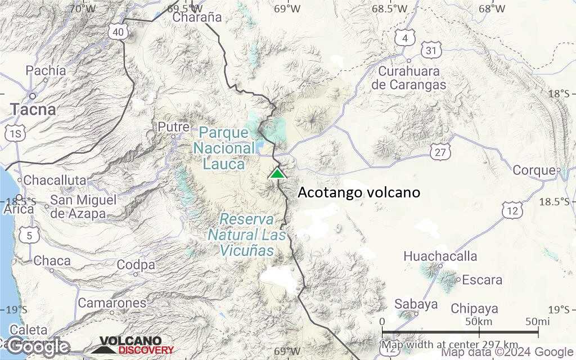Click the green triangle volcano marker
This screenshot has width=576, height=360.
click(x=277, y=173)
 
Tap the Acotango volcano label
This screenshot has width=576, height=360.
click(x=359, y=192)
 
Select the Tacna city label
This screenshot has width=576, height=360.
click(x=33, y=109)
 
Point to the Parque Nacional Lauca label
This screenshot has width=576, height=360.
click(x=224, y=148)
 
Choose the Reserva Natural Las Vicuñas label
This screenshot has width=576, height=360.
click(x=247, y=235)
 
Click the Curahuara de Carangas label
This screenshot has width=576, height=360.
click(x=412, y=78)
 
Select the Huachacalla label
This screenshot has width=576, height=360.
click(x=440, y=256)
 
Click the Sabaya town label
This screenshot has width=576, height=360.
click(x=416, y=304)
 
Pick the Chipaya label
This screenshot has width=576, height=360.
click(x=474, y=309)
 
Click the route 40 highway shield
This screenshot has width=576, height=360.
click(x=118, y=32)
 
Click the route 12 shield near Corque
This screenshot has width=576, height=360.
click(x=512, y=211)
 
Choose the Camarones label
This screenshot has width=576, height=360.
click(x=112, y=303)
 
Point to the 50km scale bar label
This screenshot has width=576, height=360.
click(x=479, y=321)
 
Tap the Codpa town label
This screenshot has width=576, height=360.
click(x=136, y=265)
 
